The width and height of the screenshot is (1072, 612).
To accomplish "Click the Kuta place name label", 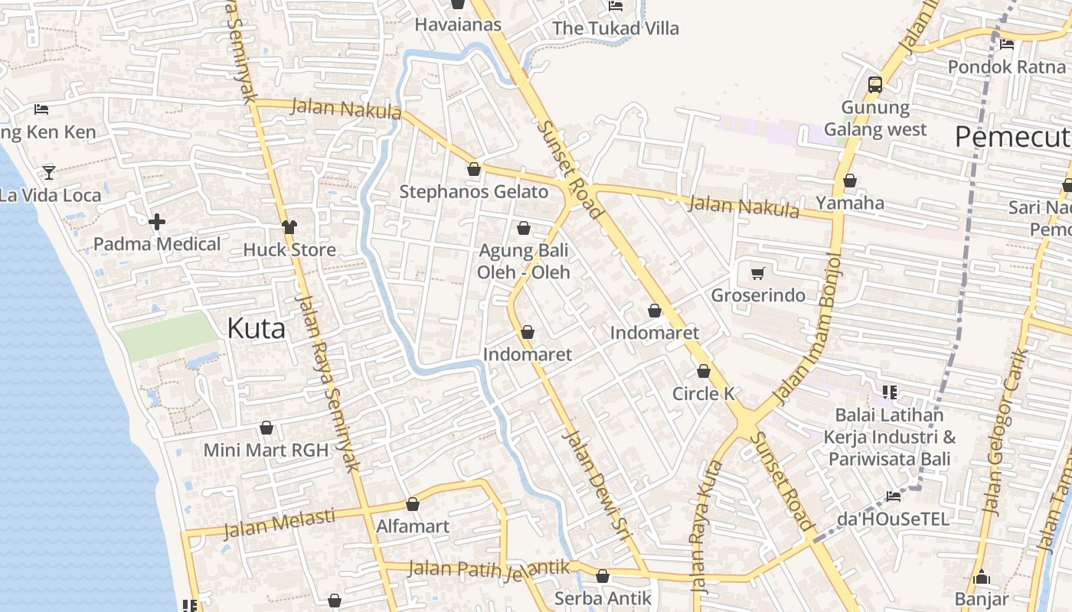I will point(257,329).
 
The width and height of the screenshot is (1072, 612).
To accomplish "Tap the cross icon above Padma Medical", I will point(157,223).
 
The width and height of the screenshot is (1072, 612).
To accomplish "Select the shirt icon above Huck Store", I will point(289,227).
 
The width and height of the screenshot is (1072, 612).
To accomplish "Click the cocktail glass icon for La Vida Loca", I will point(49,172).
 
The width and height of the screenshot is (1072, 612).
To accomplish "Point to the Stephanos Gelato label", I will point(474,192).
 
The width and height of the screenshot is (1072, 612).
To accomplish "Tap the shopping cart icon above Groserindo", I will point(758,273).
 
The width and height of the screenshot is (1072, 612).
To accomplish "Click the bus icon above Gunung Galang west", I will point(875,85).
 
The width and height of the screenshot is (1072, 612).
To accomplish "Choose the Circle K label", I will point(704,394).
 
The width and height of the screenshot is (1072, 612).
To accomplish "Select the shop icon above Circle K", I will point(704,372).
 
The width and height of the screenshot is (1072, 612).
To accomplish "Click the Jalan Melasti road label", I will point(279,523).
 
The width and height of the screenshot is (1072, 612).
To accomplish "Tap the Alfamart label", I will point(413,527).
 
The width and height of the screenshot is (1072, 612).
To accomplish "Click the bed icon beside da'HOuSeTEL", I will point(893,496).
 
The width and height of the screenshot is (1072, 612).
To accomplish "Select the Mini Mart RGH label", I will point(266,450).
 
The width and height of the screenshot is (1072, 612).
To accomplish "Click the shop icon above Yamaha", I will point(850,181).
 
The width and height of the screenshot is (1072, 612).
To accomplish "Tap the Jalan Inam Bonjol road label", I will point(809,329).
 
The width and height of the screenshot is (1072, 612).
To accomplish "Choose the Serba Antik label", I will point(603,598).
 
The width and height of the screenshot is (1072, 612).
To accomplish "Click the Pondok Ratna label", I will point(1007,67).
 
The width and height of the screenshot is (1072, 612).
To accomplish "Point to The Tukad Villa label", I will point(616,28).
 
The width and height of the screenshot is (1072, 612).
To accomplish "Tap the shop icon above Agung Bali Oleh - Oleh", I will point(524,228).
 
